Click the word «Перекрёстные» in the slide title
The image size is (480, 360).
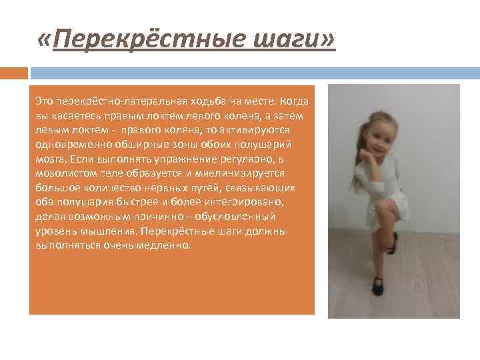[x=137, y=42]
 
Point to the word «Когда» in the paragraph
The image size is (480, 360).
[x=295, y=99]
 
